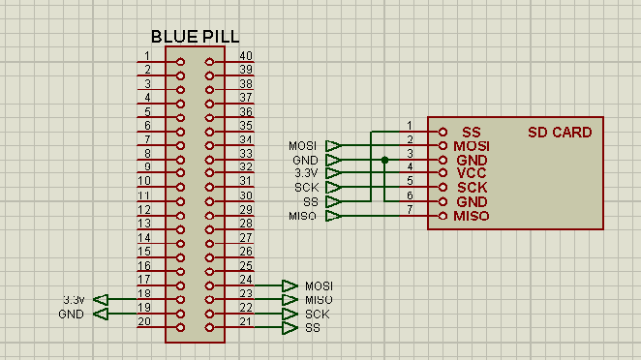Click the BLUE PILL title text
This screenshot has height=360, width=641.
pos(195,37)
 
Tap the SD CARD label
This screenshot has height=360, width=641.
pos(560,133)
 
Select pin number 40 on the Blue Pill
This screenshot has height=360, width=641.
pos(246,55)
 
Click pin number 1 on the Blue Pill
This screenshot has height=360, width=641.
pos(147,55)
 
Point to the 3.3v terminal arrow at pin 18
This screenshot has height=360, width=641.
pos(101,300)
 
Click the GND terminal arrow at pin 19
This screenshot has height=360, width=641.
pos(101,314)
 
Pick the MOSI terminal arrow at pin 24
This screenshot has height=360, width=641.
pos(290,286)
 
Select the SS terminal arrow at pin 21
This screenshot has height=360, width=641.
pos(290,328)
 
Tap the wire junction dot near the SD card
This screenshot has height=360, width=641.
pos(384,161)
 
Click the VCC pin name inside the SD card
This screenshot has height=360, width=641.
pos(472,173)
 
